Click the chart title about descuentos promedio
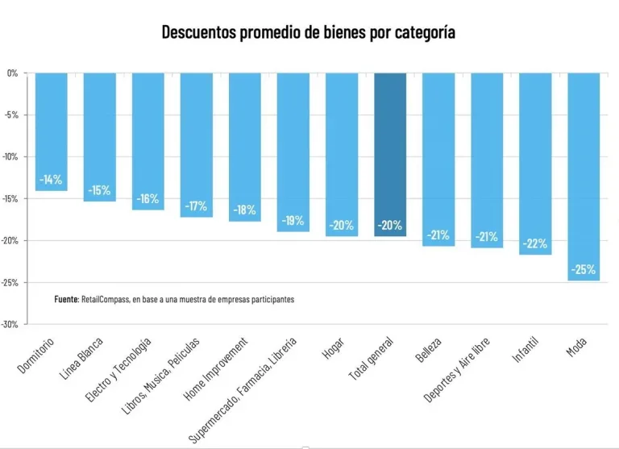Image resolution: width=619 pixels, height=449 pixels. pos(309,33)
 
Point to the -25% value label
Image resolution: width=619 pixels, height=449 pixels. pos(584,269)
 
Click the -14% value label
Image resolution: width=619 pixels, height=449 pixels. pos(52,180)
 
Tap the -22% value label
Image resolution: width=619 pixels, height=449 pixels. pos(535,243)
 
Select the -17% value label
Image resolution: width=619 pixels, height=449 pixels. pos(197,206)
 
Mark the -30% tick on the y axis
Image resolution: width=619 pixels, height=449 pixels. pos(11,324)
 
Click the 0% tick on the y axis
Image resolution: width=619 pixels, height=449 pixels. pos(13,73)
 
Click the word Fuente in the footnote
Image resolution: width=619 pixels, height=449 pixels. pos(66,299)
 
